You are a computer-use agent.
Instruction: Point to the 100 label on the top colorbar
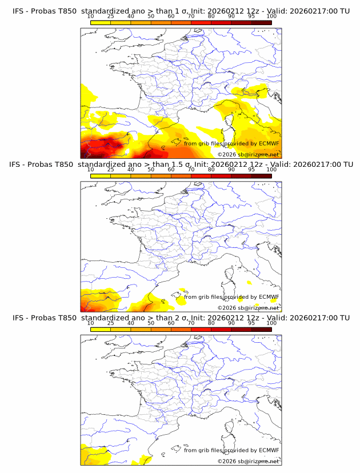coord(271,16)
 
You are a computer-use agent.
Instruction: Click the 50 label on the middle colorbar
coord(151,170)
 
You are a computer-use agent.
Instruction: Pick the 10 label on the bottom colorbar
coord(90,323)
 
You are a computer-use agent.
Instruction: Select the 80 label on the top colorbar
coord(211,16)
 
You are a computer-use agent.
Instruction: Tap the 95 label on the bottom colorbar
coord(251,323)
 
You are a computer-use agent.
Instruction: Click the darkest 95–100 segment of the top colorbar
coord(261,22)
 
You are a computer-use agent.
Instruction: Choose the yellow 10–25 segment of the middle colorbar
coord(101,176)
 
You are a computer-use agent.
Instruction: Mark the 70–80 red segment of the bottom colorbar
coord(201,329)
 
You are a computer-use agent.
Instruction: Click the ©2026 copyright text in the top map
coord(248,155)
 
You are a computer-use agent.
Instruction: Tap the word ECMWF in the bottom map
coord(269,450)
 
